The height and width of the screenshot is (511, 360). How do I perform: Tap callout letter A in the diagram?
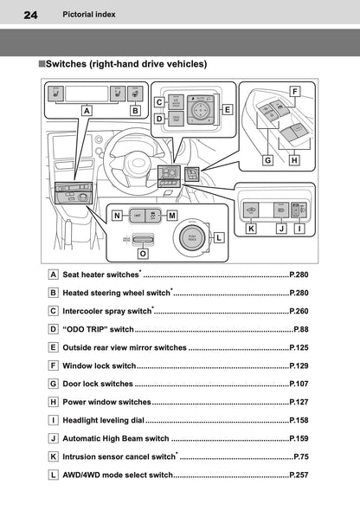tap(87, 110)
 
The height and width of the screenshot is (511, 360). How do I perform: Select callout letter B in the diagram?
tap(135, 110)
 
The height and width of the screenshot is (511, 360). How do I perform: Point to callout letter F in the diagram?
tap(294, 91)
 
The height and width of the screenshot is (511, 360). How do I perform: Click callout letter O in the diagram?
tap(143, 255)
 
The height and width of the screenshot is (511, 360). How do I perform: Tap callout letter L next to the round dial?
tap(219, 236)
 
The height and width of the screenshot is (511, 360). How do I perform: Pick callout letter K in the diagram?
tap(251, 229)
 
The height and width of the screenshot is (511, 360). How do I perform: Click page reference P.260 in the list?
tap(299, 311)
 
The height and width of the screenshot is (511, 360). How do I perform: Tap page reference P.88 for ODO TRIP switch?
tap(300, 329)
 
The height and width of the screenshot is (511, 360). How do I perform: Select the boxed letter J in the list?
tap(54, 438)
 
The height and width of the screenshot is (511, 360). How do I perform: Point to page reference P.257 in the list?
tap(299, 475)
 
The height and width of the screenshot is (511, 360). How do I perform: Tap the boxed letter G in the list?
tap(54, 384)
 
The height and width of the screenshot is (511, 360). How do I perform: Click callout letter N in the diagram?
tap(116, 214)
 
